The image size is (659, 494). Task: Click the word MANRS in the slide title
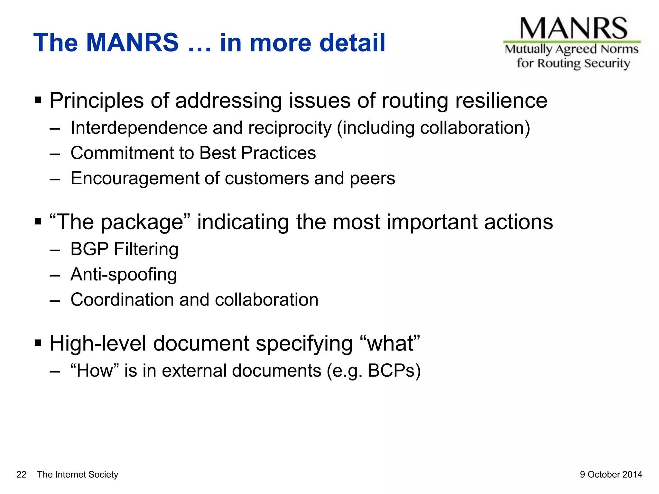coord(132,43)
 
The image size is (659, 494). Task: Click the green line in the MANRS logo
coord(572,42)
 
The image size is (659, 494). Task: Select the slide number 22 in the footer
coord(21,474)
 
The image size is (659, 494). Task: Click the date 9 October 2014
coord(611,474)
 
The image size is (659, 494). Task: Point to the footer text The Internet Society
coord(78,474)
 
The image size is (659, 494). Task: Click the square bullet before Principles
coord(38,100)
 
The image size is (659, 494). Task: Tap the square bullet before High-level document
coord(38,343)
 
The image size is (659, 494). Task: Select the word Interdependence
coord(139,128)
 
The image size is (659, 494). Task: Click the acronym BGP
coord(89,249)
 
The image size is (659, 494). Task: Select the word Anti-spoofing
coord(124,275)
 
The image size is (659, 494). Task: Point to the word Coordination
coord(122,300)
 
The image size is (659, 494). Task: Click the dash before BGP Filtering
coord(55,250)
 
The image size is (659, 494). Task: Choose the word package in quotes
coord(142,223)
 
